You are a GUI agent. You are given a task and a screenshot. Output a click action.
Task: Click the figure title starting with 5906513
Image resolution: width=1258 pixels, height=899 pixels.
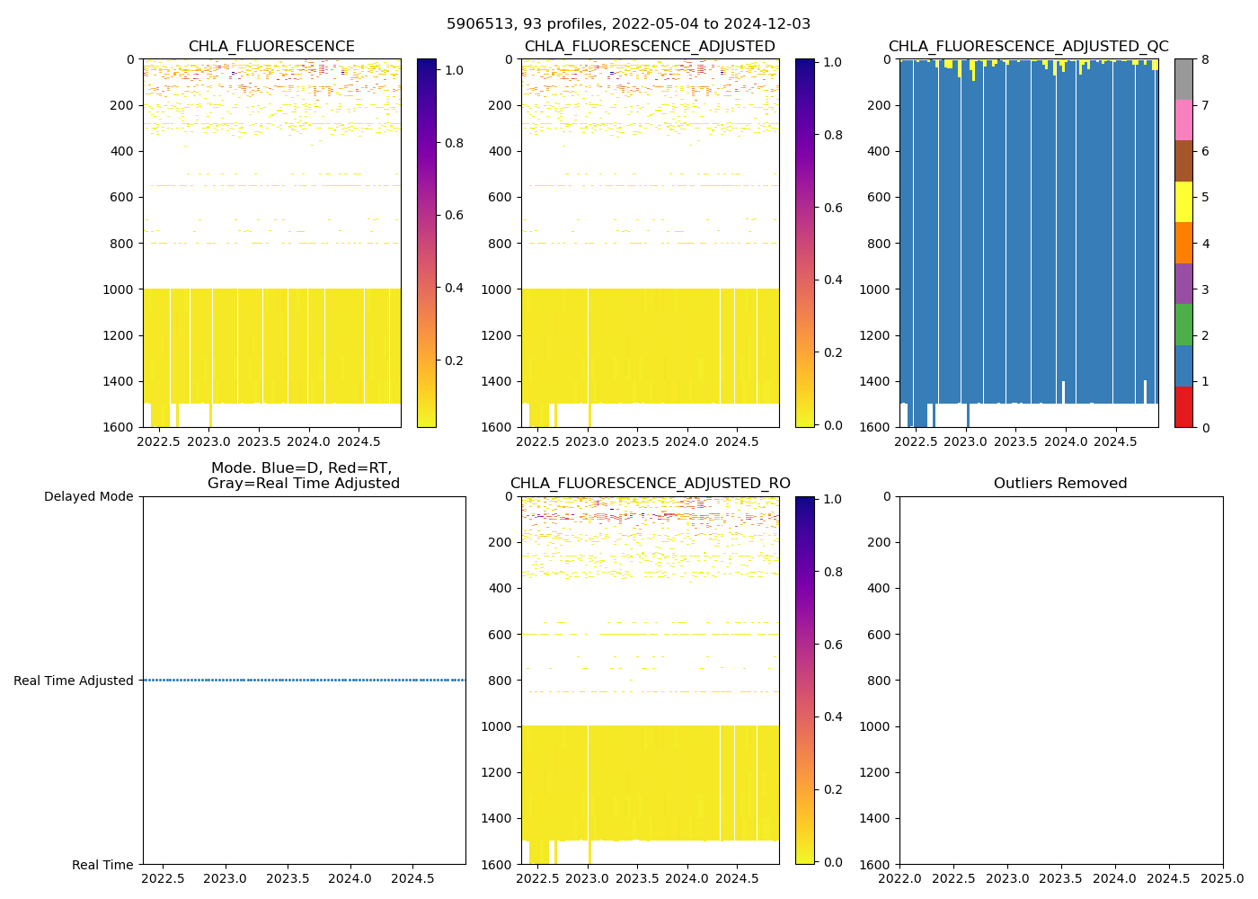point(628,24)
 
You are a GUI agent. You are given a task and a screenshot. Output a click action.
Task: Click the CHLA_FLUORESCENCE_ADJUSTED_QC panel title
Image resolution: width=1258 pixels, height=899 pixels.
point(1028,47)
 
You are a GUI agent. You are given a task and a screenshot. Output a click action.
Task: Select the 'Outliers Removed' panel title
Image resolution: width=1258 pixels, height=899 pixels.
point(1060,484)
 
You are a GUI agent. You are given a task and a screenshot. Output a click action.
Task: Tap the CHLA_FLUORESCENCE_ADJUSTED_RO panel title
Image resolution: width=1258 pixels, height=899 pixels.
point(650,484)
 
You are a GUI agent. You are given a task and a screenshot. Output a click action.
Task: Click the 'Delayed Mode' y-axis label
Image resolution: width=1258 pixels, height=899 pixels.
point(88,496)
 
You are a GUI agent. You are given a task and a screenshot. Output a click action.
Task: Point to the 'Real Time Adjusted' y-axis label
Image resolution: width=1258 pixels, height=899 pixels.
point(74,681)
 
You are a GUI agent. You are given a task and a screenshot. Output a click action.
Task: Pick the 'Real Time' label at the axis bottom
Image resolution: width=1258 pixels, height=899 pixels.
point(102,865)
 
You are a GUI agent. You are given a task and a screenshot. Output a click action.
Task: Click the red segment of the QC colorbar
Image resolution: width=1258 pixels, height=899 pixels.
point(1183,406)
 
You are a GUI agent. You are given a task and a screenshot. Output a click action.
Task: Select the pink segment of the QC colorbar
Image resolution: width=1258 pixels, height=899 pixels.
point(1183,120)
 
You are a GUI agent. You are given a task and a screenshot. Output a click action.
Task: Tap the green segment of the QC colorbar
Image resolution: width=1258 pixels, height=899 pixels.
point(1183,325)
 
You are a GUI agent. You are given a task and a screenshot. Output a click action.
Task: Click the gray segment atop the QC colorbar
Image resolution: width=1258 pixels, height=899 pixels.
point(1183,79)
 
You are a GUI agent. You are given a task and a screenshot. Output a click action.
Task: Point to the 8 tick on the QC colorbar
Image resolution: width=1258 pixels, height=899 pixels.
point(1205,59)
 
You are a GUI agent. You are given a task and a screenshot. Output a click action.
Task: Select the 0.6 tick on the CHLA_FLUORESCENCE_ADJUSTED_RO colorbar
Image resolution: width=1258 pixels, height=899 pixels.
point(831,645)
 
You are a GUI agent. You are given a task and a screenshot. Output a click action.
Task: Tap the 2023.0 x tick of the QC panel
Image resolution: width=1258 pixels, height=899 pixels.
point(967,441)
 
